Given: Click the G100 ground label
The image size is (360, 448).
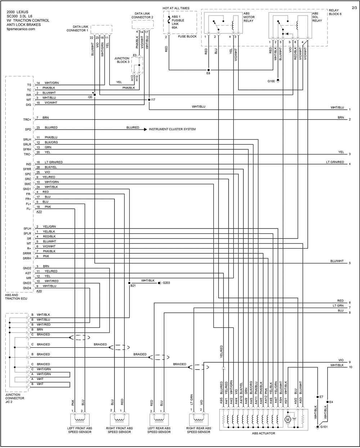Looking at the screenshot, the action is coord(271,81).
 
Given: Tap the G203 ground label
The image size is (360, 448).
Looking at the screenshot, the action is coord(166,283).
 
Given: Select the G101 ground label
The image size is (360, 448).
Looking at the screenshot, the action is coord(324,427).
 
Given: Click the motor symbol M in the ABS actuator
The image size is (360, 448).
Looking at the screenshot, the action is coord(288,420).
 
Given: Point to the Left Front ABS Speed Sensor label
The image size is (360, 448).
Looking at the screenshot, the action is coord(80,430).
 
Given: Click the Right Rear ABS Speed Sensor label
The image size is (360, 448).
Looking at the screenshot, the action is coord(199,430).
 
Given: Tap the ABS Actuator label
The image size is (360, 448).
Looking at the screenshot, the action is coord(264,433).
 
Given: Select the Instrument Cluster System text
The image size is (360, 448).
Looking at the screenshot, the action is coord(172,129).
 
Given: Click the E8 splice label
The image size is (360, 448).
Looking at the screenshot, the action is coord(208,73).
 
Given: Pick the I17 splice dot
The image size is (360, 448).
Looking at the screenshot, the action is coord(149,100).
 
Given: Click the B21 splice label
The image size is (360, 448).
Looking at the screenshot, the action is coord(133,286).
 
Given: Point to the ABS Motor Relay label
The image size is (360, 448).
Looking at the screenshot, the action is coord(249,17).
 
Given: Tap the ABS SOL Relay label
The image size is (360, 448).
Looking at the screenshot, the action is coord(317,17).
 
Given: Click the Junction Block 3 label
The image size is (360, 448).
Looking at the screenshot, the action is coord(122,60).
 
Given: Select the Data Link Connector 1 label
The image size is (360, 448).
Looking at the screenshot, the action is coord(77,28).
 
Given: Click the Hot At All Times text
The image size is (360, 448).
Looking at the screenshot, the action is coord(176,8).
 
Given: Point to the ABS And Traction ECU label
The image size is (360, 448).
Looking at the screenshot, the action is coord(16,297).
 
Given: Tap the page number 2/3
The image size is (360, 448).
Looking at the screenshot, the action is coord(354,8).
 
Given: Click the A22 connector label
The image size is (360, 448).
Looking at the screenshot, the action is coord(39,212).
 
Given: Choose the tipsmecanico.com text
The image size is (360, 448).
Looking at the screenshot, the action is coord(21,29).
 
